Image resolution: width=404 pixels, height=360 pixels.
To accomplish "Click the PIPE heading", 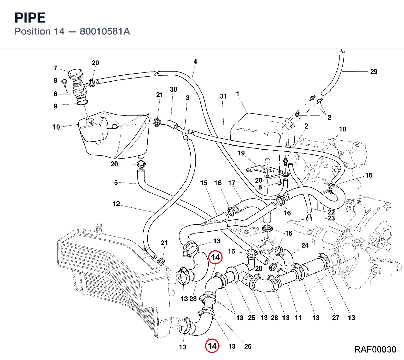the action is (x=30, y=18).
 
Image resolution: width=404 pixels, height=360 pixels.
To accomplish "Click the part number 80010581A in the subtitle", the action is (x=105, y=31).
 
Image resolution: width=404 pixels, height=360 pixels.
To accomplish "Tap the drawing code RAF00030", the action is (x=375, y=349).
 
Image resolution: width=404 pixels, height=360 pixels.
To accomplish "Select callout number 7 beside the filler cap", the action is (x=56, y=68).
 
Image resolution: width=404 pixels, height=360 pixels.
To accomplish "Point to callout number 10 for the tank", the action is (x=56, y=127).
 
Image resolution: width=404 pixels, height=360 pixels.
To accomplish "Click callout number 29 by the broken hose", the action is (x=374, y=72).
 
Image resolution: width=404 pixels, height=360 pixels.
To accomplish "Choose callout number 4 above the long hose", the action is (x=195, y=61).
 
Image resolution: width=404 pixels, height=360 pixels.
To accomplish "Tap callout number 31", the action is (x=223, y=96).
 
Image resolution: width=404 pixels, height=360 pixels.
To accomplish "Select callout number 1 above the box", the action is (x=237, y=94).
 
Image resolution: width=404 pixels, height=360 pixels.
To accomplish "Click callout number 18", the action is (x=343, y=129).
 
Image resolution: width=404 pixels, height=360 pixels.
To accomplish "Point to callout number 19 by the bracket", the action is (x=241, y=153).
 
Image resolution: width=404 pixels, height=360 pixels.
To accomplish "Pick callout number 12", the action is (x=116, y=204).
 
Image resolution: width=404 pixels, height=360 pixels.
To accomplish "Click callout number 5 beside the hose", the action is (x=116, y=182).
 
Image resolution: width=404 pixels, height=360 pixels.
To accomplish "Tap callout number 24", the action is (x=305, y=245).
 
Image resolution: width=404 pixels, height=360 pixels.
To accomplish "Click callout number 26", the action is (x=248, y=346).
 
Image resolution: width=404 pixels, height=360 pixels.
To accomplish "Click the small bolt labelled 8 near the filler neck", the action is (x=64, y=82).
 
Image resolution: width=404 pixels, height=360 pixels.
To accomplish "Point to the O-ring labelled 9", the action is (x=82, y=103).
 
